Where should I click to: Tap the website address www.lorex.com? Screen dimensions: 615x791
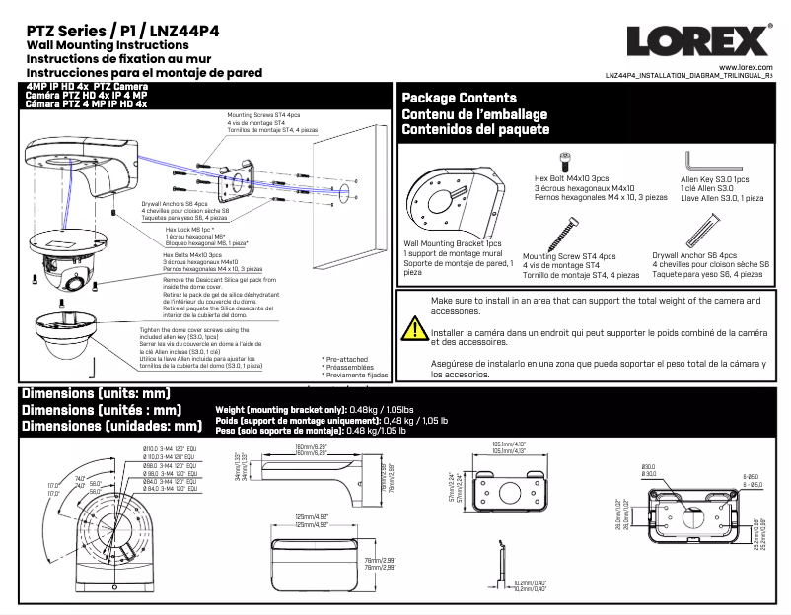point(747,65)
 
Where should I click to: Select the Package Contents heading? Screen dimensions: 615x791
point(459,98)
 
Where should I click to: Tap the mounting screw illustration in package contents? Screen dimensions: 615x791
point(565,231)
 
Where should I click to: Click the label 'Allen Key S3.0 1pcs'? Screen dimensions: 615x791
point(715,180)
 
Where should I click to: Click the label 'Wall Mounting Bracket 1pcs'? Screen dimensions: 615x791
point(453,243)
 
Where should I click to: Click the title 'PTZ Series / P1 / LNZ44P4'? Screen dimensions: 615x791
point(122,31)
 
